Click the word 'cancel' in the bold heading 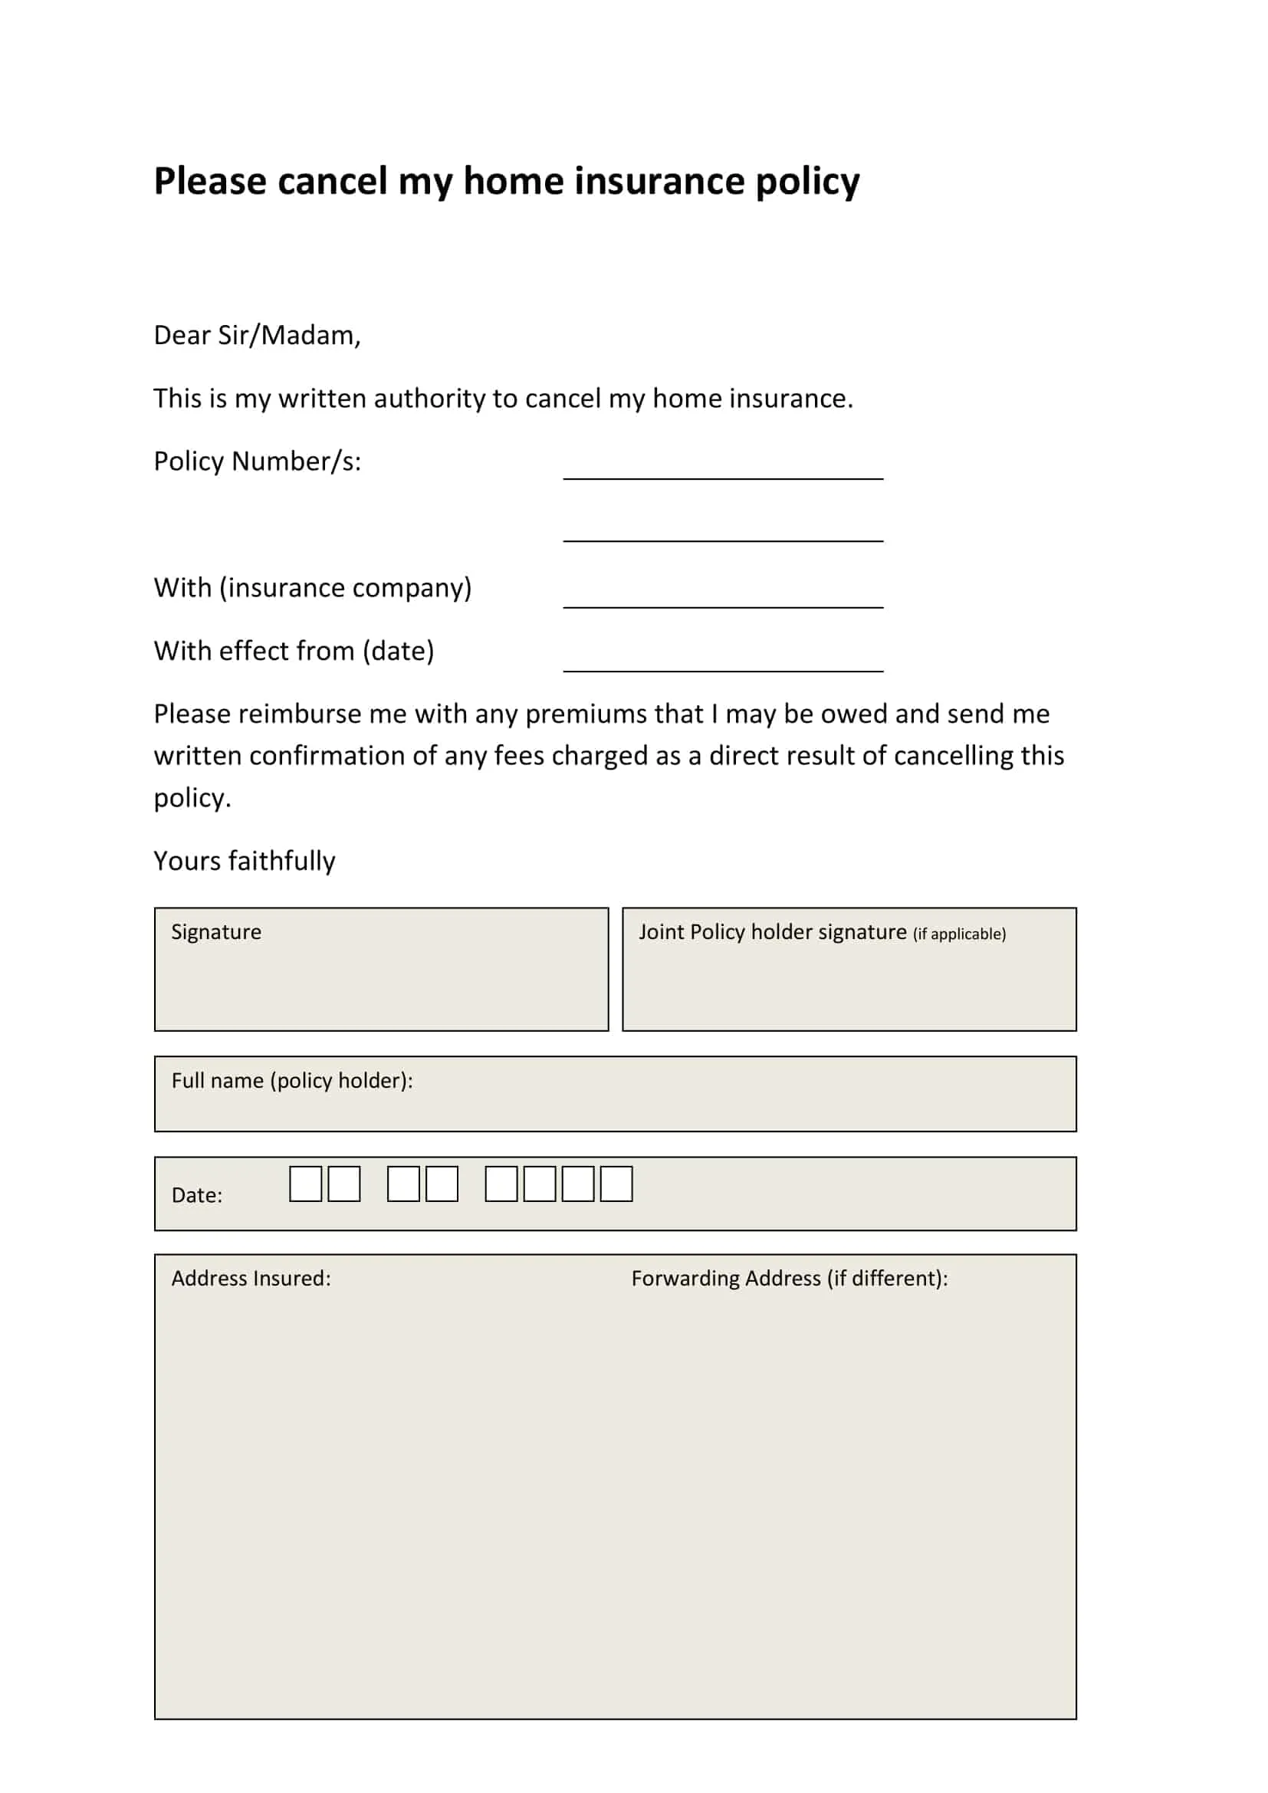pyautogui.click(x=332, y=181)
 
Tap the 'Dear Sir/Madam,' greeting pyautogui.click(x=257, y=335)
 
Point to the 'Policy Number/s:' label pyautogui.click(x=257, y=461)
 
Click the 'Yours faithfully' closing pyautogui.click(x=245, y=861)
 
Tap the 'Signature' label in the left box pyautogui.click(x=216, y=931)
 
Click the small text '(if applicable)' pyautogui.click(x=959, y=934)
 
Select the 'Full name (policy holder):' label pyautogui.click(x=292, y=1080)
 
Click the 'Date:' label pyautogui.click(x=197, y=1195)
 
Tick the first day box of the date pyautogui.click(x=305, y=1184)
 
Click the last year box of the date pyautogui.click(x=616, y=1184)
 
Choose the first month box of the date pyautogui.click(x=403, y=1184)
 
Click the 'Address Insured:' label pyautogui.click(x=251, y=1279)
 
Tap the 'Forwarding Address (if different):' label pyautogui.click(x=790, y=1279)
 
